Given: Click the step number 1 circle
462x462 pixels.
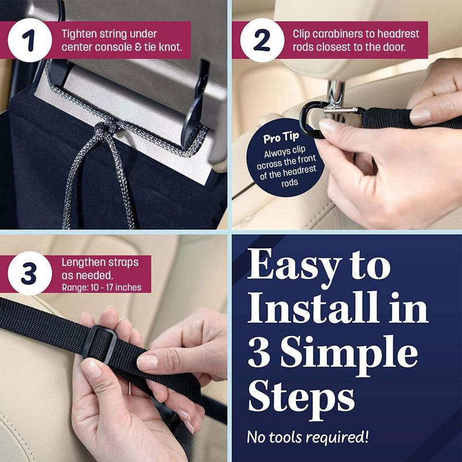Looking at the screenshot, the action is pyautogui.click(x=30, y=40).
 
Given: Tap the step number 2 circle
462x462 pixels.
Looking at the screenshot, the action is pyautogui.click(x=262, y=40).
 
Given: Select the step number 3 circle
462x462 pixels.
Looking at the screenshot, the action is pyautogui.click(x=30, y=273).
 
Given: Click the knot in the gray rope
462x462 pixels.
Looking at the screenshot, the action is pyautogui.click(x=104, y=129).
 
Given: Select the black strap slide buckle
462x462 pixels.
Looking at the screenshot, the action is pyautogui.click(x=99, y=344).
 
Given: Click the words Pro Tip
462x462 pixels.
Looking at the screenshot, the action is pyautogui.click(x=281, y=137).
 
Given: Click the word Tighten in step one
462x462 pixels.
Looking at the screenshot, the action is pyautogui.click(x=79, y=35).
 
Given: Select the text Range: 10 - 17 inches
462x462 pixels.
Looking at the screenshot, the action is pyautogui.click(x=102, y=287).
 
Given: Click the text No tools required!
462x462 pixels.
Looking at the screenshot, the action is pyautogui.click(x=308, y=437).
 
